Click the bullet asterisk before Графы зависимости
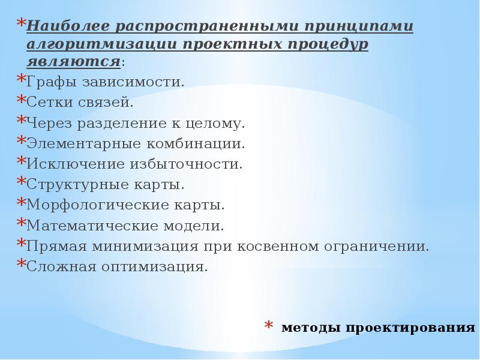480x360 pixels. tap(20, 80)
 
